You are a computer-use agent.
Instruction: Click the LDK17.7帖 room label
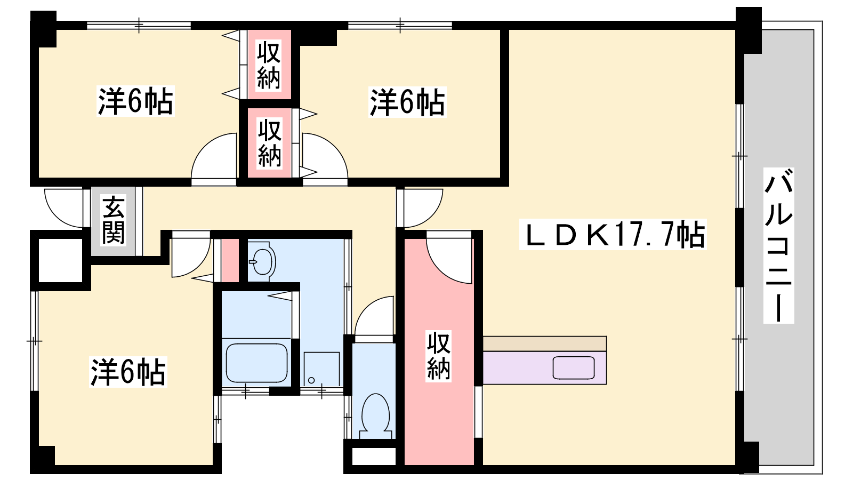coord(613,235)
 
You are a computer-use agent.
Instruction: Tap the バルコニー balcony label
coord(778,246)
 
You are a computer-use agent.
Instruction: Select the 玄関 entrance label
coord(113,220)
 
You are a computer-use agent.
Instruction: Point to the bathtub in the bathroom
coord(256,363)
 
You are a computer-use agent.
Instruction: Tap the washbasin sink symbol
coord(262,261)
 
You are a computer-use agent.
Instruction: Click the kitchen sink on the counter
coord(574,367)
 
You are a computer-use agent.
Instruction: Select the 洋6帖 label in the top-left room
coord(135,101)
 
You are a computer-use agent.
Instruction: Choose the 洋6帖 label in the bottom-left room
coord(128,372)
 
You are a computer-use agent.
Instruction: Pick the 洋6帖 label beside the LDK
coord(407,102)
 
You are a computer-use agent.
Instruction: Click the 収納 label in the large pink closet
coord(438,356)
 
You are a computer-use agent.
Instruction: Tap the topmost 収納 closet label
coord(269,66)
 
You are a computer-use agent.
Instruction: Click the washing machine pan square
coord(322,369)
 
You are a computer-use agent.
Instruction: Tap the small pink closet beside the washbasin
coord(230,260)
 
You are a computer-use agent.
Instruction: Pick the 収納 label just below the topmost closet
coord(270,143)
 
